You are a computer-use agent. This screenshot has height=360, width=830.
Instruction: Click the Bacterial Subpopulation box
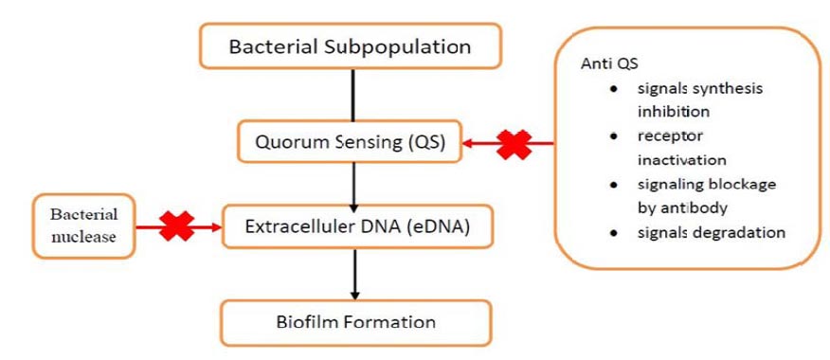point(351,46)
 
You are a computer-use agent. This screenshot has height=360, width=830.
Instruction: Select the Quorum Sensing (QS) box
point(350,142)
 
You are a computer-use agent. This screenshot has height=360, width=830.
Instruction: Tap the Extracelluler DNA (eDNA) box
point(357,226)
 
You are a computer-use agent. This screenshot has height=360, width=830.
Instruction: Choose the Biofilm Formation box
point(355,322)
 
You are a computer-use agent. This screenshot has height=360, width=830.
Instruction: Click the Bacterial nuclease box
point(83,226)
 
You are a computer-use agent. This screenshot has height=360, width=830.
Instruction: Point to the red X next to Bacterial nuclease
point(177,226)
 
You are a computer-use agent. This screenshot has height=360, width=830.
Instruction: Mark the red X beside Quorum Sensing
point(514,143)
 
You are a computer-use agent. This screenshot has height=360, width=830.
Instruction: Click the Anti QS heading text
point(609,64)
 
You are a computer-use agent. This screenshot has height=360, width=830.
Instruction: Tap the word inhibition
point(674,112)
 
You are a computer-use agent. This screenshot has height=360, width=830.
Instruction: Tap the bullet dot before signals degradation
point(614,233)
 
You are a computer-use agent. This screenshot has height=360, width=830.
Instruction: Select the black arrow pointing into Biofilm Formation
point(355,274)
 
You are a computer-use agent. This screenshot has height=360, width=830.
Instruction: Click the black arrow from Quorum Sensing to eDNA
point(354,184)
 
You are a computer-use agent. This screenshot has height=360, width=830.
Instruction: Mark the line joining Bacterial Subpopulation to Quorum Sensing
point(353,95)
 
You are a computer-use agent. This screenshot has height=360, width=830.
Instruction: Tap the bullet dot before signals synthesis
point(614,89)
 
